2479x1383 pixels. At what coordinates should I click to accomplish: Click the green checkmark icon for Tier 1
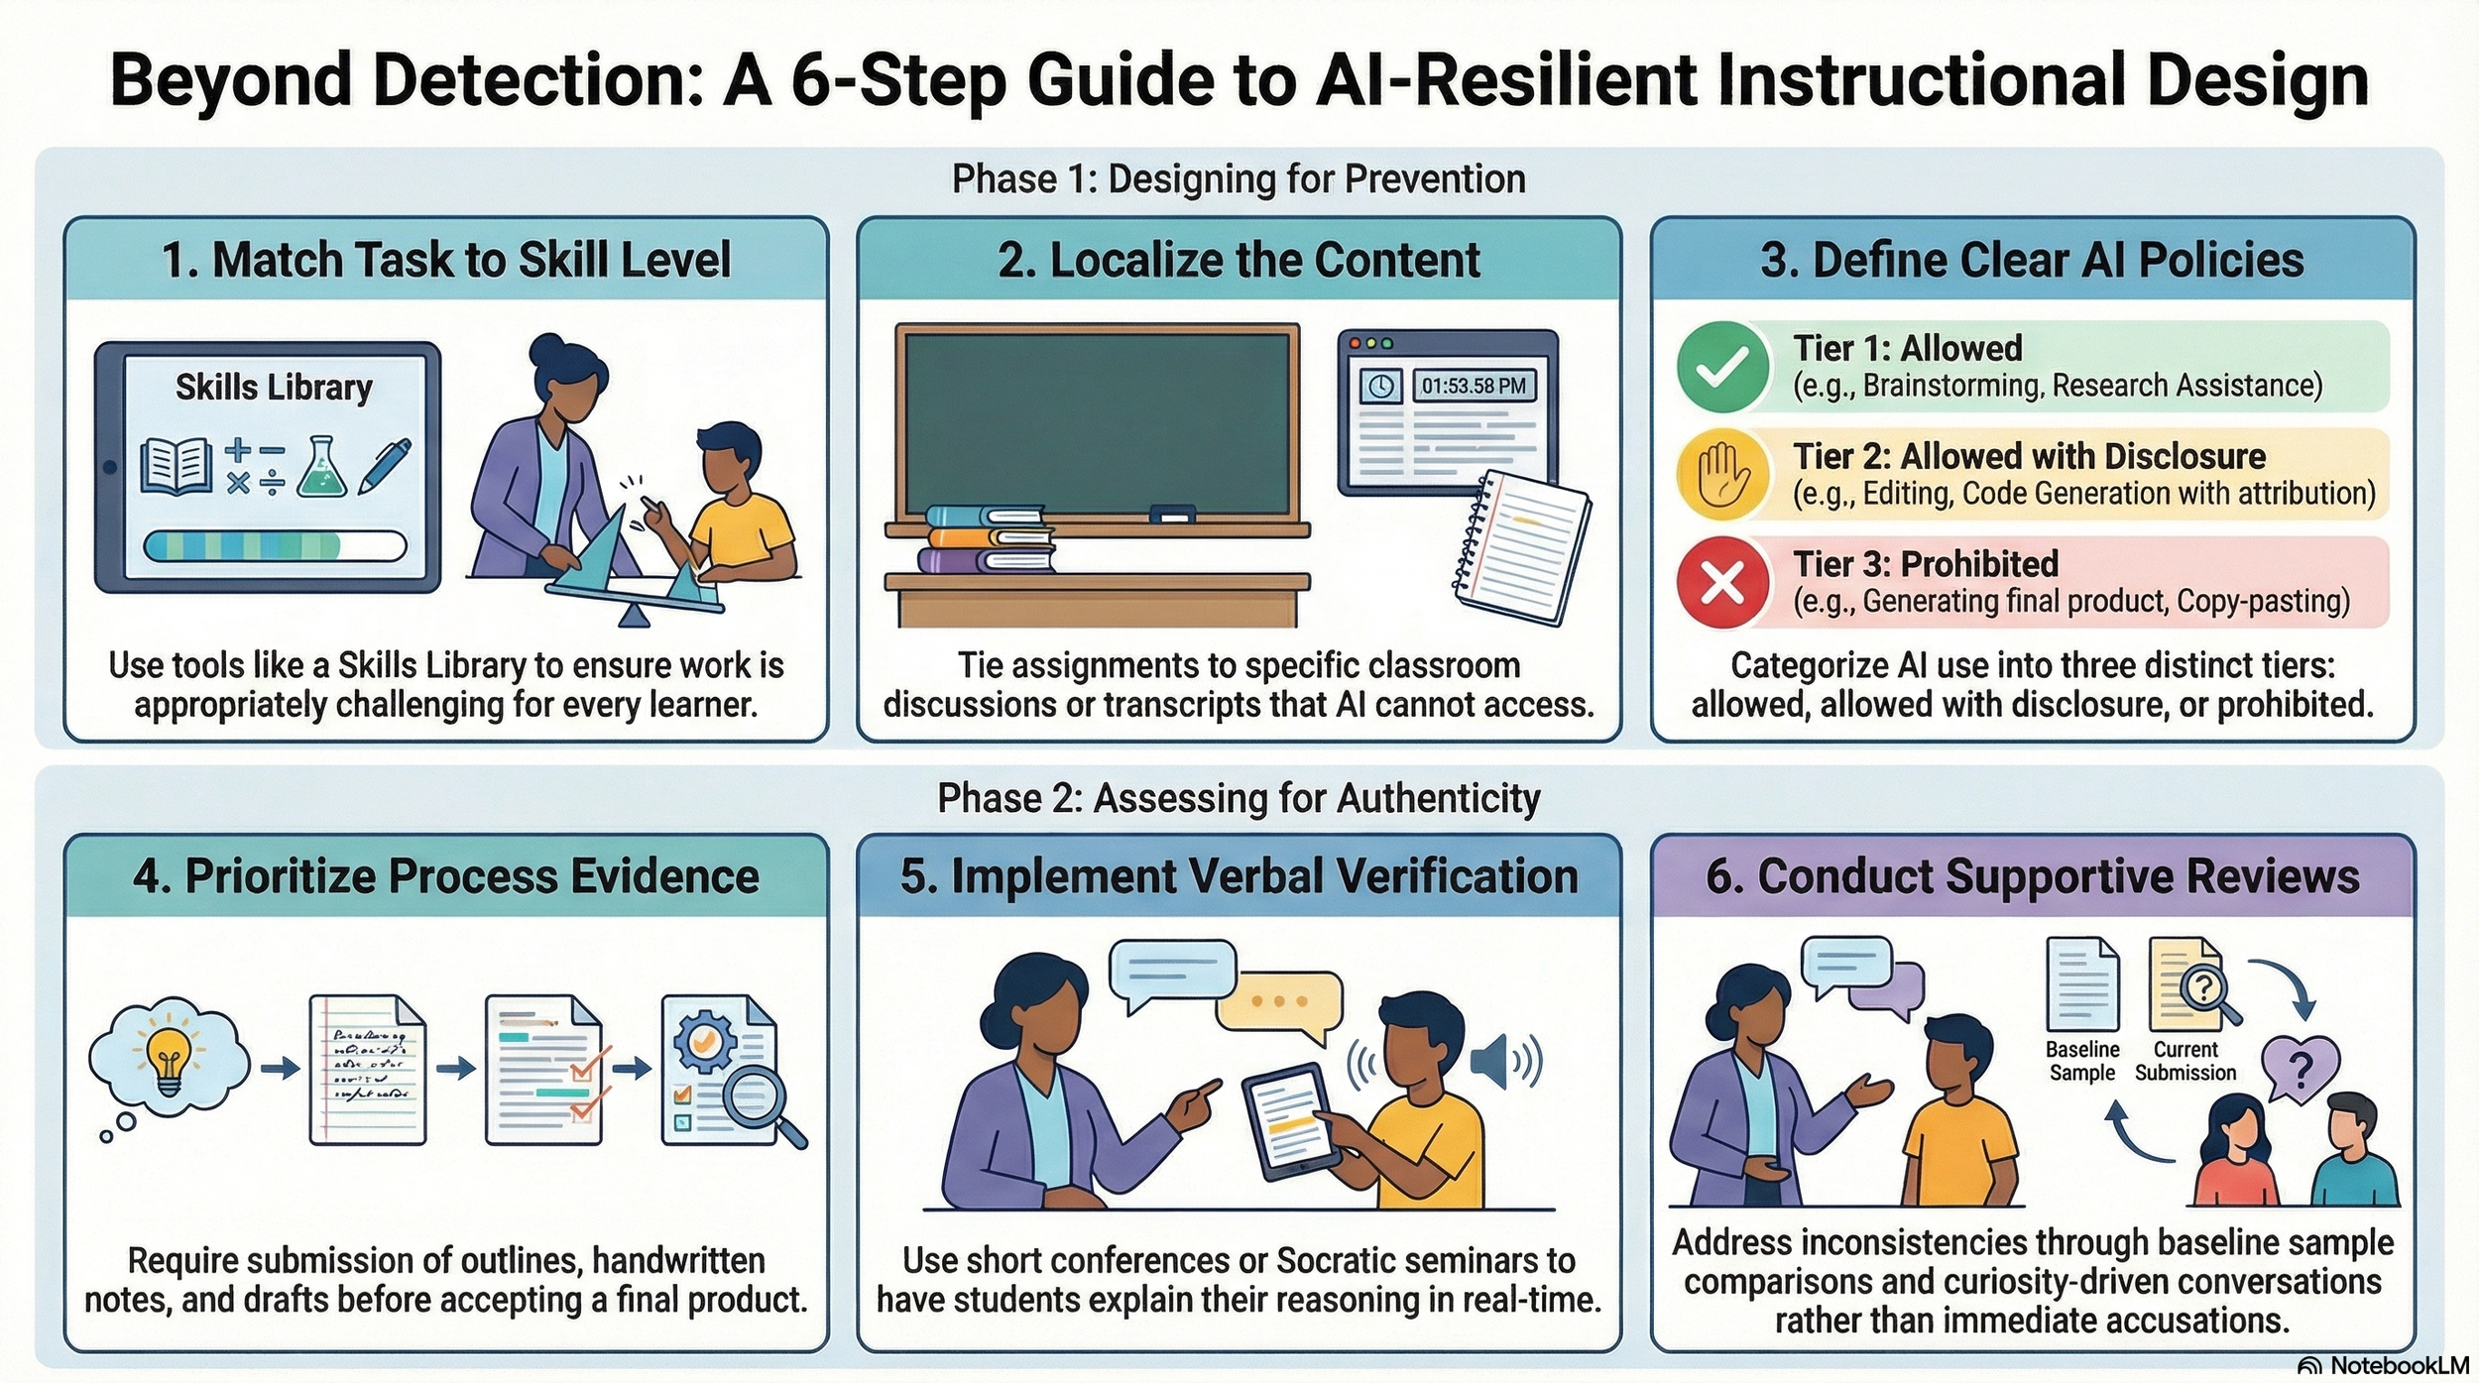pos(1723,367)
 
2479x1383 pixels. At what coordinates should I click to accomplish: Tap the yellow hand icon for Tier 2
pos(1723,474)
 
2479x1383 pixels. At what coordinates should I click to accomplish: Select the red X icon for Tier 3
pos(1723,583)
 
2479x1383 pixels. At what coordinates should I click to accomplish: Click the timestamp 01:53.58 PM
pos(1474,386)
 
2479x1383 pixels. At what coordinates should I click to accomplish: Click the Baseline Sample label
pos(2082,1061)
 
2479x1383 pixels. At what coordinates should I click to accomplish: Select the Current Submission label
pos(2185,1061)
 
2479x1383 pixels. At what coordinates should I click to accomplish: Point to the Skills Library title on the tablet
pos(274,387)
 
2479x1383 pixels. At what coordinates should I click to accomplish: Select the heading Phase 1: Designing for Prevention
pos(1239,179)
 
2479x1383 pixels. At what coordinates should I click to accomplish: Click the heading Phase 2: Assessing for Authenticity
pos(1239,798)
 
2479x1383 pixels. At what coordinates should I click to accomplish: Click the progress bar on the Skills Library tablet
pos(275,546)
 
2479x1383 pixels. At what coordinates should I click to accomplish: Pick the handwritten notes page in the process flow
pos(368,1070)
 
